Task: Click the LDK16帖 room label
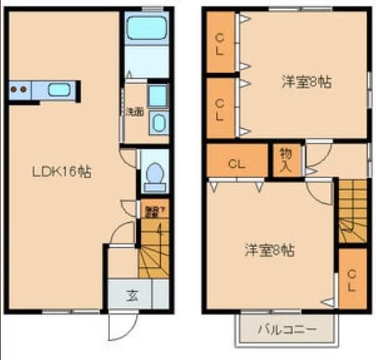[x=63, y=171]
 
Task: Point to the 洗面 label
[x=134, y=111]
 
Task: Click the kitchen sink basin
[x=58, y=89]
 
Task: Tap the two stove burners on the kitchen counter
[x=19, y=89]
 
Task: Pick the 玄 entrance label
[x=132, y=295]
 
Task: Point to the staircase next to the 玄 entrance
[x=152, y=261]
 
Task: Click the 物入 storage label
[x=285, y=159]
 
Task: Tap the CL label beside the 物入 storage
[x=237, y=165]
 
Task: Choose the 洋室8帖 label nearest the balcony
[x=269, y=249]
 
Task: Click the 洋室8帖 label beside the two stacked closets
[x=306, y=81]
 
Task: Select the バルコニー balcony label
[x=288, y=328]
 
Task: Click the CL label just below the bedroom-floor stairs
[x=352, y=279]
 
